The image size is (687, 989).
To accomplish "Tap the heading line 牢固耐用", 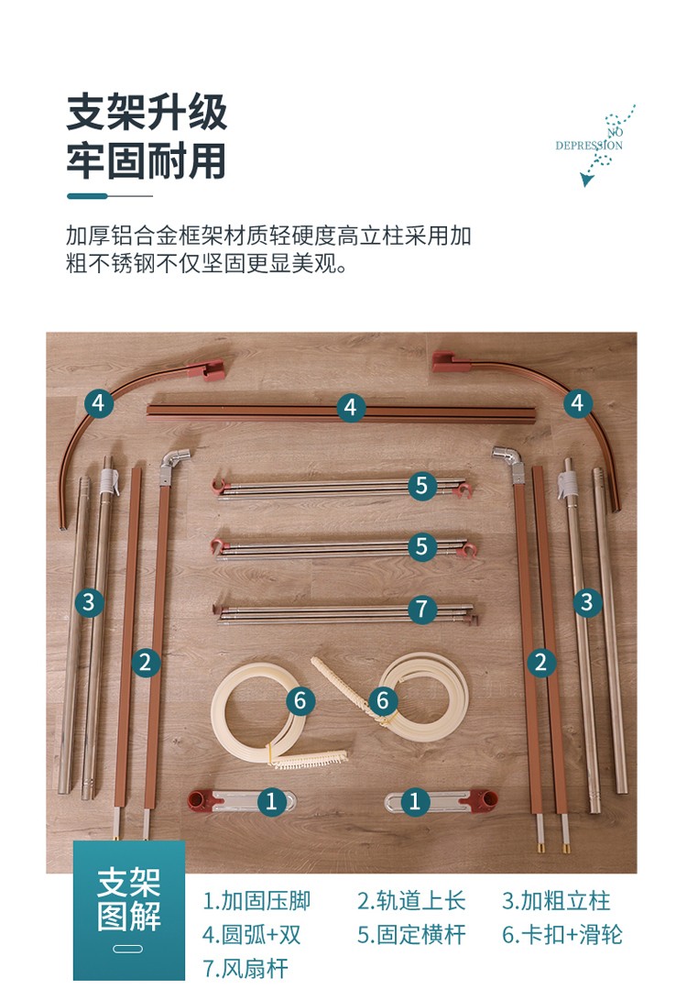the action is (x=147, y=160).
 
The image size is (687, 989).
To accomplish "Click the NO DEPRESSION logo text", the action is (x=589, y=139).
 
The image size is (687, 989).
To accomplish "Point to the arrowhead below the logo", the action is (x=586, y=181).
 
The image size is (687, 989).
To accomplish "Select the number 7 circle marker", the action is (x=422, y=610).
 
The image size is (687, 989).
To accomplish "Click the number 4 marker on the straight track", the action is (x=351, y=408).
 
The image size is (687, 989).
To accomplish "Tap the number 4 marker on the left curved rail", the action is (x=99, y=403).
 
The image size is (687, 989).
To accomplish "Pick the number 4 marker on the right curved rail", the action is (x=577, y=403).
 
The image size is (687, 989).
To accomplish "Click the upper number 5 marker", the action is (x=422, y=487).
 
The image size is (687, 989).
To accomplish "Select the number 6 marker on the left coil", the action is (x=300, y=701).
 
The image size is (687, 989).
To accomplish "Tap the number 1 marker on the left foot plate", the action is (x=272, y=802).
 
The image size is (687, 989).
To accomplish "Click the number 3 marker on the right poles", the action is (x=587, y=602).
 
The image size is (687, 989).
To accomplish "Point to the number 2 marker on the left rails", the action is (x=146, y=663).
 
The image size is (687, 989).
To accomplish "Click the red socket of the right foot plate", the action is (x=485, y=800).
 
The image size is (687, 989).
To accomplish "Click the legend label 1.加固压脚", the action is (x=256, y=901).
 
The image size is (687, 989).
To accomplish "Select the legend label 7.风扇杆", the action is (x=245, y=968).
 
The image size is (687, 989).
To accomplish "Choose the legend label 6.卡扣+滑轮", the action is (x=562, y=935).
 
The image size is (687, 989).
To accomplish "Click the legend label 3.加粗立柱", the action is (x=556, y=901).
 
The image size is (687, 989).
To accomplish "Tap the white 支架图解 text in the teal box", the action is (x=129, y=899).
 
